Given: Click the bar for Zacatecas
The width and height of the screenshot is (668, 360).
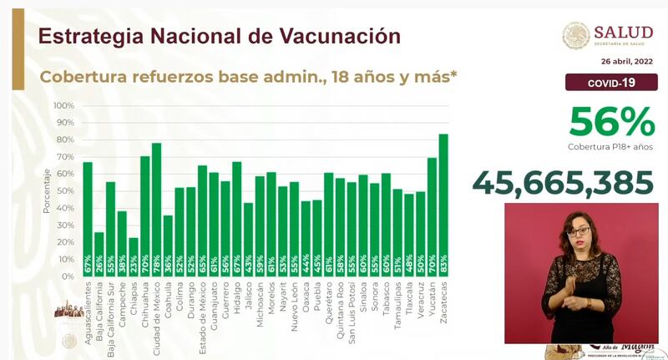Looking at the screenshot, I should (x=443, y=205).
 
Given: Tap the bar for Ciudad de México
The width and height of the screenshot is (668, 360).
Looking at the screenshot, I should (x=156, y=210).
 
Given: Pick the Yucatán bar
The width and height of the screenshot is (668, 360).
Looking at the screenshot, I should (x=432, y=217).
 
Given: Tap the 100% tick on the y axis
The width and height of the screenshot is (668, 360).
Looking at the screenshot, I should (x=64, y=106).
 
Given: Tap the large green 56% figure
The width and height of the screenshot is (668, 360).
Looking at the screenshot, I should (x=611, y=123).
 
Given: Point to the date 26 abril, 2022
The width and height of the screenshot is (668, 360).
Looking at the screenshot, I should (x=625, y=62).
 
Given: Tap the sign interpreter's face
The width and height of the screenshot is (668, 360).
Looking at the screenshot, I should (x=579, y=229).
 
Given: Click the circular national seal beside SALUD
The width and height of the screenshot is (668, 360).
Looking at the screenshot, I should (x=575, y=35).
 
